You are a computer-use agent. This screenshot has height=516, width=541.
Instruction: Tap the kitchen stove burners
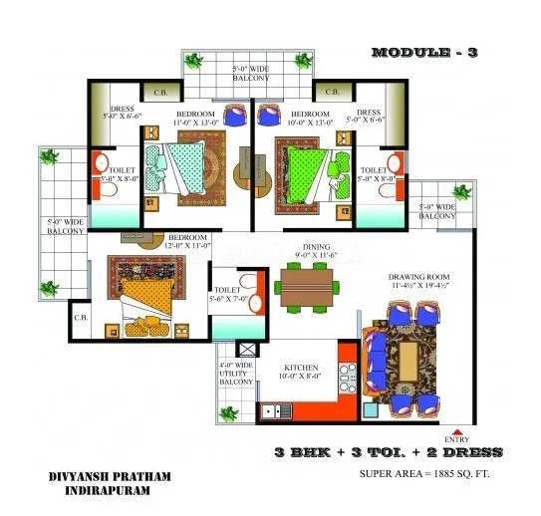348,377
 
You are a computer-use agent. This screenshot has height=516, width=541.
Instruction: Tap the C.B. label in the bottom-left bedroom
80,319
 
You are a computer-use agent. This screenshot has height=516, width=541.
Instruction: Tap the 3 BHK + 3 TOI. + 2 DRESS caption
389,452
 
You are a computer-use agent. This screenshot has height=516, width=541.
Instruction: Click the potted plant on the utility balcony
230,411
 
